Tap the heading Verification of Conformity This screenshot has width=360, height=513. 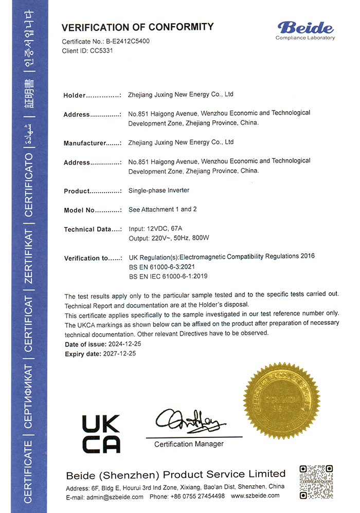pos(137,27)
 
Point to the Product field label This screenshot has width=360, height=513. pos(77,191)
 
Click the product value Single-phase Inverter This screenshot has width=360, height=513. pos(158,190)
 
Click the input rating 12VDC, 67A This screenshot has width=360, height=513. pos(156,229)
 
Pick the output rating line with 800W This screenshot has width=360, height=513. pos(169,238)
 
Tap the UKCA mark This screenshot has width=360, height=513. pos(101,433)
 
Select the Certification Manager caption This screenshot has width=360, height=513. pos(189,444)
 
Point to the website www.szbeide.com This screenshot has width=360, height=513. pos(255,496)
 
